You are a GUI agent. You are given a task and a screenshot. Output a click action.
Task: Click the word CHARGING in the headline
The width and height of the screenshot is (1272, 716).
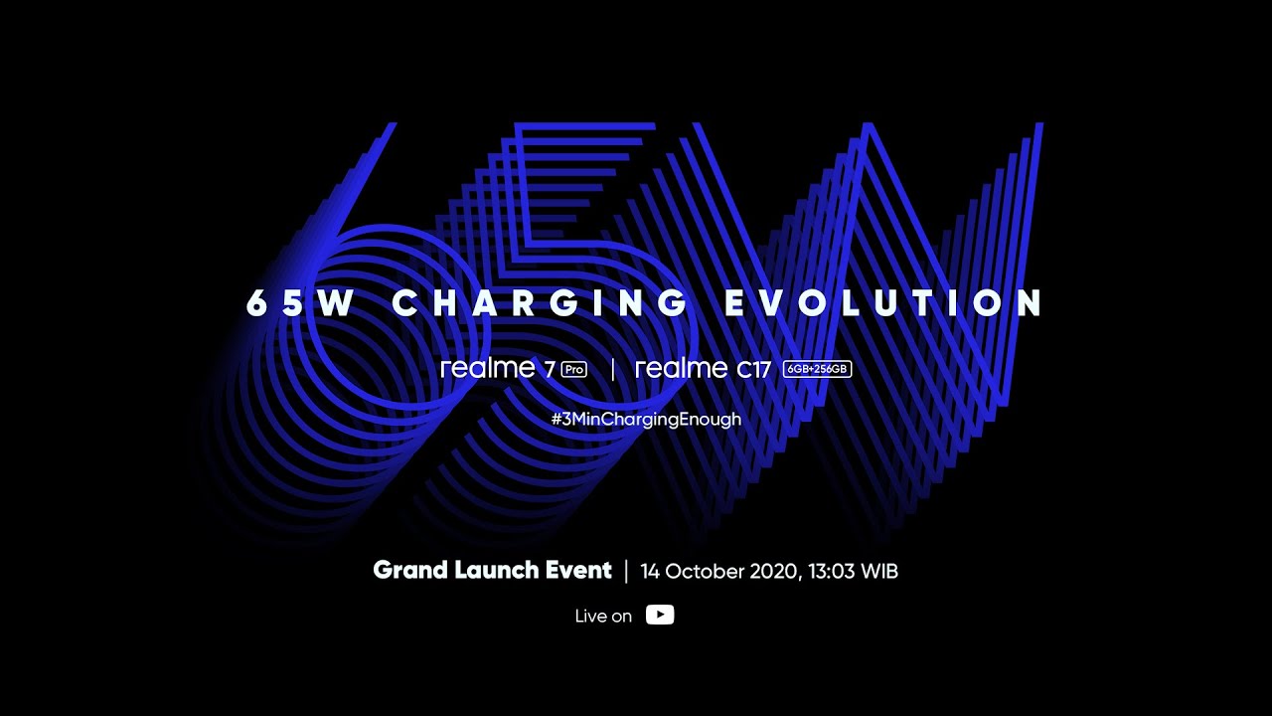point(541,303)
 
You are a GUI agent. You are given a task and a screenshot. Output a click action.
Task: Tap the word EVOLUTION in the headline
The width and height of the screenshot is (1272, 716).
point(884,303)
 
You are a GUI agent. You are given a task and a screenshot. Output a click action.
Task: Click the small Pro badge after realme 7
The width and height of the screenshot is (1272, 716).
point(574,369)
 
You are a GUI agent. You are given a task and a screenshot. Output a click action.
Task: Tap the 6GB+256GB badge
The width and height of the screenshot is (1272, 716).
point(817,369)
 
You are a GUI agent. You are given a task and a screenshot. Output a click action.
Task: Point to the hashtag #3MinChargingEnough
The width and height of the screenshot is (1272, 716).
point(646,419)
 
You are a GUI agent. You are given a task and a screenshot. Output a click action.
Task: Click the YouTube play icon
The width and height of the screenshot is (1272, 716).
point(660,615)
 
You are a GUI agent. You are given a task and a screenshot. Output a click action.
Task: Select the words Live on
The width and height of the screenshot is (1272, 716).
point(603,616)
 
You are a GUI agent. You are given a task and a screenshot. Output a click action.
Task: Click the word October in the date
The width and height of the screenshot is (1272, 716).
point(701,572)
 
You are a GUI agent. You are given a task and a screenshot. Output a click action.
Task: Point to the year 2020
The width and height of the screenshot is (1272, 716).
point(772,572)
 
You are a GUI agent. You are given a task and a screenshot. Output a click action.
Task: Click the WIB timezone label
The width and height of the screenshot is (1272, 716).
point(879,572)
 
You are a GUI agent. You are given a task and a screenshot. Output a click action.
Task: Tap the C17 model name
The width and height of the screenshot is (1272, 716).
point(754,370)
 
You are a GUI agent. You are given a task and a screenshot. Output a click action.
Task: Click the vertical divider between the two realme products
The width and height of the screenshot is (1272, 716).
point(612,369)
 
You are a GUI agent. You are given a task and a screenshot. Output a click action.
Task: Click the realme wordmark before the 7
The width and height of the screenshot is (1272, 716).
point(488,368)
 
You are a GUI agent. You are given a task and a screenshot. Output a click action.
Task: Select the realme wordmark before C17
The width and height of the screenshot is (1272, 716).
point(682,368)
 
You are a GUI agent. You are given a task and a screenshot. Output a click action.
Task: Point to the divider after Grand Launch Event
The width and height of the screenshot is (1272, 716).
point(626,571)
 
